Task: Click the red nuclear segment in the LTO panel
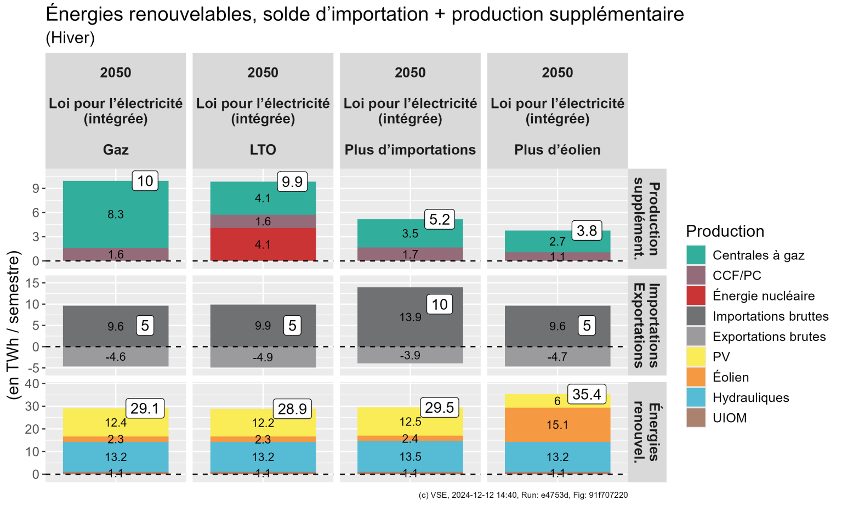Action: tap(263, 245)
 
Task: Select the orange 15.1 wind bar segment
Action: tap(557, 425)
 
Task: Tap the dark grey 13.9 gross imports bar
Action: tap(410, 317)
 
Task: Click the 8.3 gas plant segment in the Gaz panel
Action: tap(116, 214)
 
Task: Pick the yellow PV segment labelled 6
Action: tap(557, 401)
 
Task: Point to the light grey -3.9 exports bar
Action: tap(410, 355)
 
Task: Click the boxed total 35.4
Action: tap(587, 394)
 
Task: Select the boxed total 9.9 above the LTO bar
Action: tap(292, 181)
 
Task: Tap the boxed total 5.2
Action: tap(440, 219)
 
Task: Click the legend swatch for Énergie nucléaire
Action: tap(696, 296)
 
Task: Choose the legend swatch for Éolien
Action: tap(696, 377)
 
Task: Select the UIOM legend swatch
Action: tap(696, 418)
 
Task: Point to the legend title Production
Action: tap(725, 231)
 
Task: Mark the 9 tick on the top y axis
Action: tap(36, 189)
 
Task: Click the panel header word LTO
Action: tap(263, 150)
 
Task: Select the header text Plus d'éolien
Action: tap(557, 150)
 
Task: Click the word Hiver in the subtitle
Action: tap(70, 38)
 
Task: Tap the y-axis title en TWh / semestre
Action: tap(13, 325)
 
